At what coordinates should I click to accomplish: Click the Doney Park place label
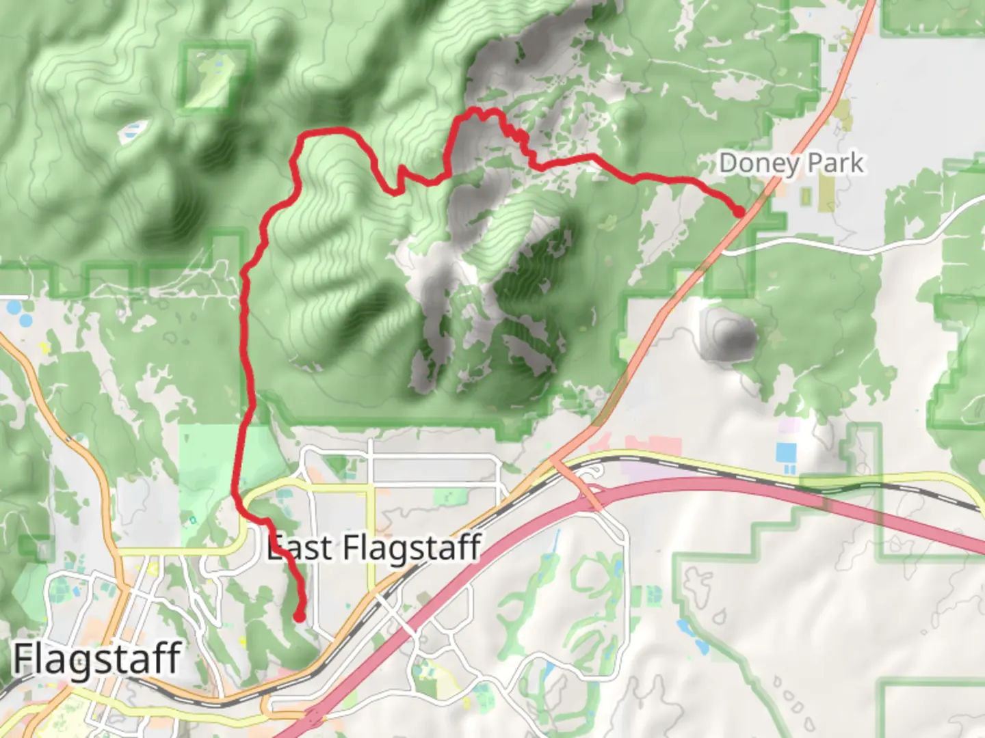pyautogui.click(x=791, y=163)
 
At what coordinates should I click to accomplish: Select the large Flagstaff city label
pyautogui.click(x=97, y=659)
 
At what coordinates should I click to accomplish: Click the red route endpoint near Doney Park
pyautogui.click(x=739, y=212)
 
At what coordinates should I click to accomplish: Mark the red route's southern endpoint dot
pyautogui.click(x=299, y=617)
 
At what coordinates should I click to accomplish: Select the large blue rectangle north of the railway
pyautogui.click(x=786, y=452)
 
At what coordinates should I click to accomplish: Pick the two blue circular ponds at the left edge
pyautogui.click(x=21, y=313)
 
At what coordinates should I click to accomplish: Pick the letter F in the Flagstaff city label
pyautogui.click(x=25, y=659)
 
